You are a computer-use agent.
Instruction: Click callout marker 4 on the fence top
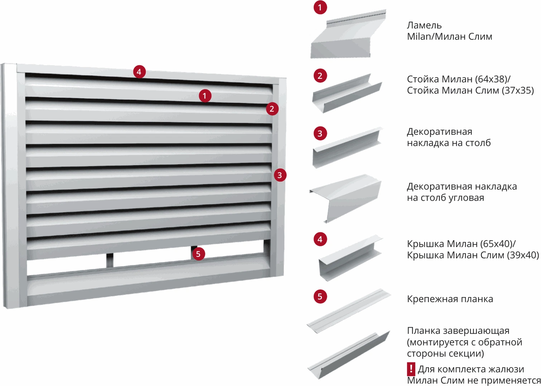139,72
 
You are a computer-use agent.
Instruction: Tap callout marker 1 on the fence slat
205,96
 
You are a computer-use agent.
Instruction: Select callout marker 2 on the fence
272,109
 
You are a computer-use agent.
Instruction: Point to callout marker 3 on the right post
280,175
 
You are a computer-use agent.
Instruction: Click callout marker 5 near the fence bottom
198,254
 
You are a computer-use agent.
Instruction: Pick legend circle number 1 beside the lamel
320,8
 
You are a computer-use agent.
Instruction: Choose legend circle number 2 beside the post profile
320,76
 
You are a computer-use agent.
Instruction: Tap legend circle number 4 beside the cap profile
320,239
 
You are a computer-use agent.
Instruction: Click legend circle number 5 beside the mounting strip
320,296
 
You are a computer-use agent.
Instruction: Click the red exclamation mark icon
411,369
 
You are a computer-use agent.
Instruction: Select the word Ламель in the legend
424,25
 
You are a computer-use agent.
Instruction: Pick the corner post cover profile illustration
346,198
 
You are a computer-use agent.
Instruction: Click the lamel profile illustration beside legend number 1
348,34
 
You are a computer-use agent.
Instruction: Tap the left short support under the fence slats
110,260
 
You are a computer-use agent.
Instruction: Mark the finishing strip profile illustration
348,355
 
